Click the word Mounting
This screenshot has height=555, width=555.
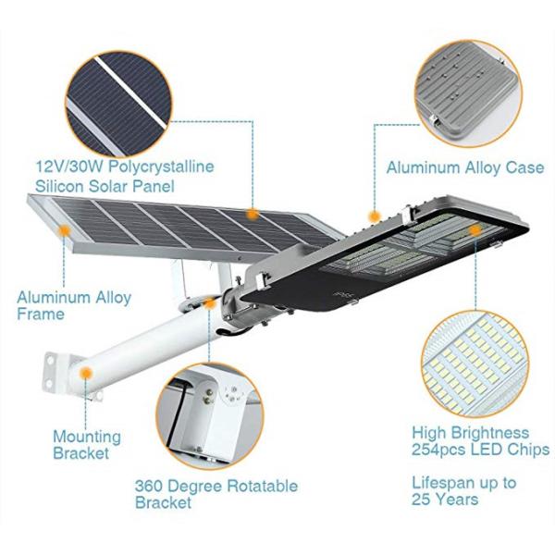pos(87,436)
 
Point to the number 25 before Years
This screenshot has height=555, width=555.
pos(423,499)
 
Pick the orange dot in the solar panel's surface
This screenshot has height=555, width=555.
pos(252,214)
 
